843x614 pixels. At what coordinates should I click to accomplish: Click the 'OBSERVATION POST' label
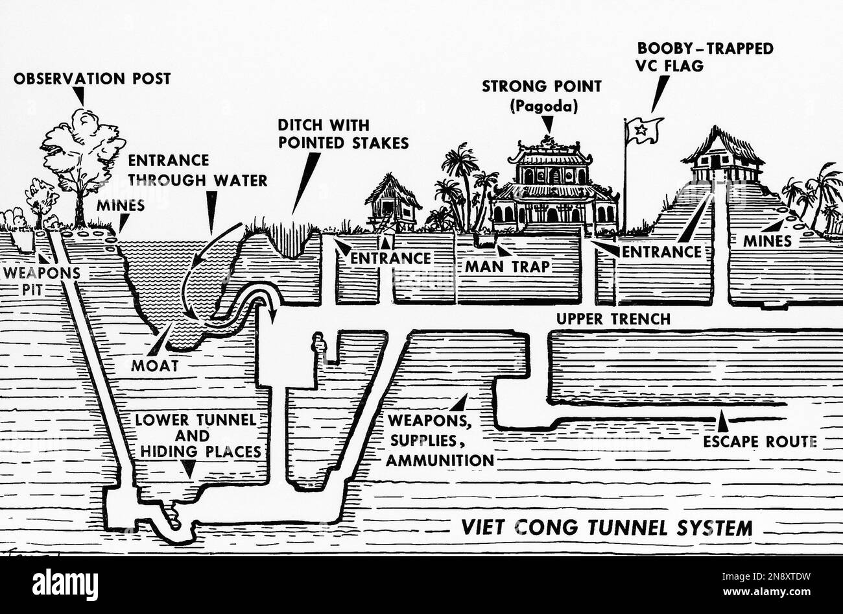click(x=91, y=79)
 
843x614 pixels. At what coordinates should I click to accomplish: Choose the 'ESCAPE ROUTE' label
click(x=759, y=442)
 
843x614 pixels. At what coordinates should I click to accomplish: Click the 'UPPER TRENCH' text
click(x=613, y=319)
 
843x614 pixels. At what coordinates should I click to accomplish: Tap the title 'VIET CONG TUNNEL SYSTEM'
click(x=607, y=527)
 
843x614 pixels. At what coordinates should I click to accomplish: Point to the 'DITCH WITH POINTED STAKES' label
click(x=343, y=134)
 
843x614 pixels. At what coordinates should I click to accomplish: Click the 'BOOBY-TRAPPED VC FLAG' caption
click(x=705, y=57)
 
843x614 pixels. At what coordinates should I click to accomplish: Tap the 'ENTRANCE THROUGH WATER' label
click(x=198, y=170)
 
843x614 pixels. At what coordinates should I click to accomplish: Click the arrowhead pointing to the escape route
click(x=721, y=423)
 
